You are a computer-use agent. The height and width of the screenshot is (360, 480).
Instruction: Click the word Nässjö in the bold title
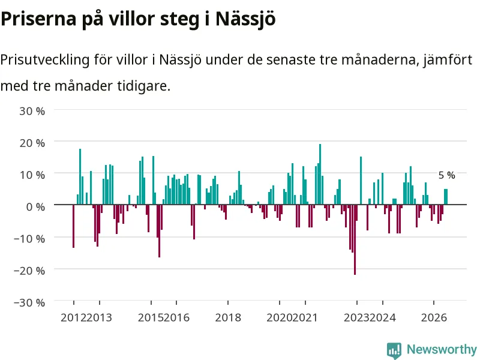pos(245,19)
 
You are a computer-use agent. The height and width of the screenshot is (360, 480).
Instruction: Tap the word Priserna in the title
pos(38,19)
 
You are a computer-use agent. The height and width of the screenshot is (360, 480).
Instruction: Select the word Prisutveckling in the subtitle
pos(44,59)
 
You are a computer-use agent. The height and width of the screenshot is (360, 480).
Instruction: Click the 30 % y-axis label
pos(32,111)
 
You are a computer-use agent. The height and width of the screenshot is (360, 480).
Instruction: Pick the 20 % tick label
pos(32,143)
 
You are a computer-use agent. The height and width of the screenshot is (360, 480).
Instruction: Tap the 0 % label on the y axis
pos(35,207)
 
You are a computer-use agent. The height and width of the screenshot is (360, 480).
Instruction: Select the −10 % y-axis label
pos(29,239)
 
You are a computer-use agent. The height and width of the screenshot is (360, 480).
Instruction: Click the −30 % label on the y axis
pos(29,303)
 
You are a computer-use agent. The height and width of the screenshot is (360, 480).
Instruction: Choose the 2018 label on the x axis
pos(228,318)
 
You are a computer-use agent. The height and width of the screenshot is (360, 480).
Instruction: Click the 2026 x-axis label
pos(434,318)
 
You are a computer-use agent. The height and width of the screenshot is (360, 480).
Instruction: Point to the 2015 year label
pos(151,318)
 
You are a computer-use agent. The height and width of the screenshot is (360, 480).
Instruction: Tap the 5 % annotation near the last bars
pos(446,175)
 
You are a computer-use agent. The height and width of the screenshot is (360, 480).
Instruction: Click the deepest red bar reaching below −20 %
pos(355,239)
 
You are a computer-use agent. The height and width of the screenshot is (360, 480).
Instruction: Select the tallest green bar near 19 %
pos(320,174)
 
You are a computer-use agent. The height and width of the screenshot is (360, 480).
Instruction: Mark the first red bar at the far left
pos(73,226)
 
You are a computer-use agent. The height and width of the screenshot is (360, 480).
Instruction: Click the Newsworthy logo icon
pos(394,350)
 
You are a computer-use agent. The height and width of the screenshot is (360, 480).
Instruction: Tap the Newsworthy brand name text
pos(442,349)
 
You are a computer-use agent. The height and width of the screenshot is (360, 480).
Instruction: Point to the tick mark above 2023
pos(357,303)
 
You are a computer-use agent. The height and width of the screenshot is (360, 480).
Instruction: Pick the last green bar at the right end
pos(446,197)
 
